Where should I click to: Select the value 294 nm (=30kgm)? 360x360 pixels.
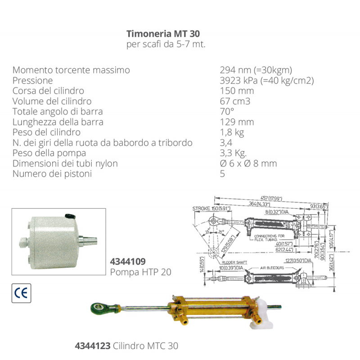256,70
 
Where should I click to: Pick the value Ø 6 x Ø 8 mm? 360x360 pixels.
248,163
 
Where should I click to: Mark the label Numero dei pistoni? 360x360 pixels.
52,174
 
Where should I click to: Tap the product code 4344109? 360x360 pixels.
128,261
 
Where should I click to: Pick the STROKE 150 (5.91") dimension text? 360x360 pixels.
211,208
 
